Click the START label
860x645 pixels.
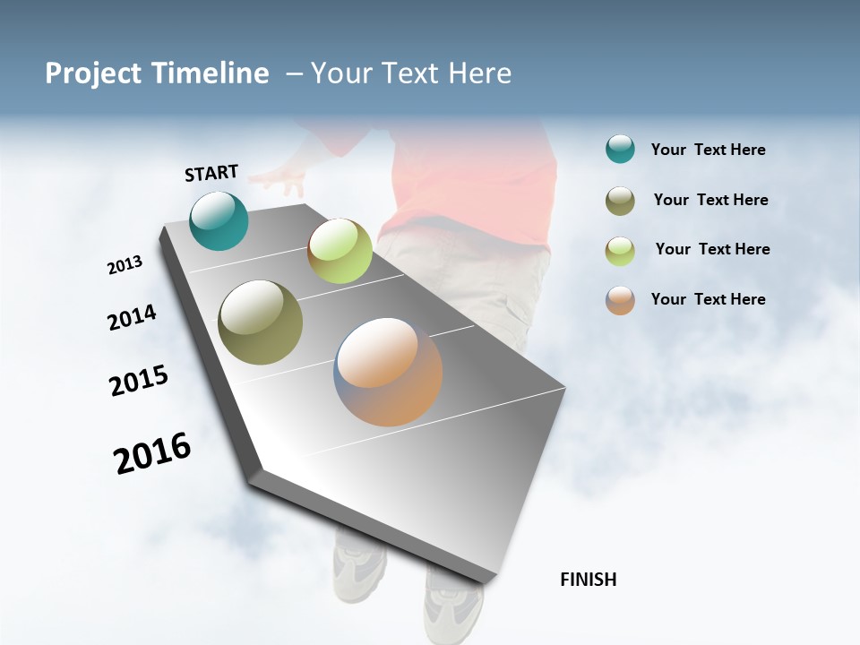(211, 173)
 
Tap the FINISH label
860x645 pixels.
(588, 580)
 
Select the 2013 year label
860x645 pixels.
(125, 265)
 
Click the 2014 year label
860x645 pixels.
(132, 318)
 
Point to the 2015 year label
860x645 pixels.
(139, 381)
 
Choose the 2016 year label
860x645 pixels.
(152, 453)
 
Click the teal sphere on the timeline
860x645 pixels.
(219, 221)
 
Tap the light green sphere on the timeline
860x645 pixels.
(340, 251)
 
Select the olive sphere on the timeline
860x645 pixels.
(260, 322)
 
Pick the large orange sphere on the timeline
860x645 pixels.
(388, 372)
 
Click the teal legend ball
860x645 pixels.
(620, 150)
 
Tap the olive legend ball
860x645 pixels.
(620, 201)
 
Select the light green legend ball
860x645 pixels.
(620, 250)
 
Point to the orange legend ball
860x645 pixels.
(620, 300)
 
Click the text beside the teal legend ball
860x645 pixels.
(708, 150)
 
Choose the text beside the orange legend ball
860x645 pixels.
(708, 299)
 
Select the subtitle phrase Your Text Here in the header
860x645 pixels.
(411, 73)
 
